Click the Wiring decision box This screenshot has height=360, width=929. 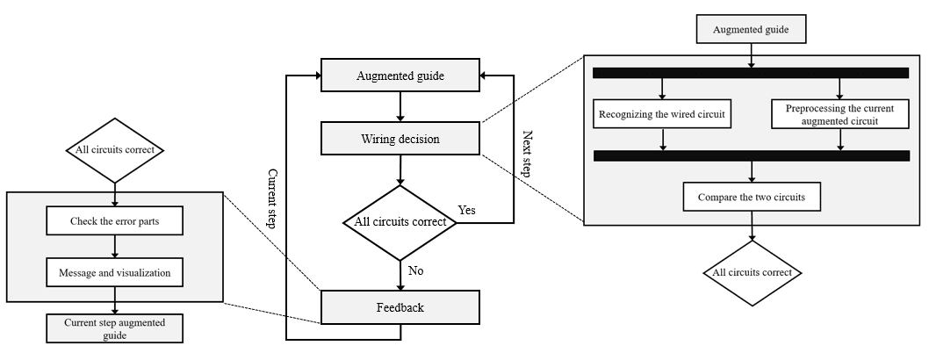400,138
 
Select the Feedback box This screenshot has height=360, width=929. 400,306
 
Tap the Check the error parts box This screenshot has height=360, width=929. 114,221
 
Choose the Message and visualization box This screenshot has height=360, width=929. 114,272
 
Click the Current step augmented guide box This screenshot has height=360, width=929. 114,328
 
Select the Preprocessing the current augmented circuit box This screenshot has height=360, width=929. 839,114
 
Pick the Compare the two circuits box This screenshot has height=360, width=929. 751,198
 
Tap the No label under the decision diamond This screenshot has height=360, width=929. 415,270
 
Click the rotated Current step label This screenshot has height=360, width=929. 273,198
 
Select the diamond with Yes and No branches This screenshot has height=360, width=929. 400,222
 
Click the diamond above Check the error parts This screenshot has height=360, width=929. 114,150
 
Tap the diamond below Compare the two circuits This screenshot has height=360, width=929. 752,273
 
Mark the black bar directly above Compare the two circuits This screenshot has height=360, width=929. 751,156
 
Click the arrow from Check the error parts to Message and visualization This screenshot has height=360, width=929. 114,247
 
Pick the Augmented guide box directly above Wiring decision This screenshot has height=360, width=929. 400,76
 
